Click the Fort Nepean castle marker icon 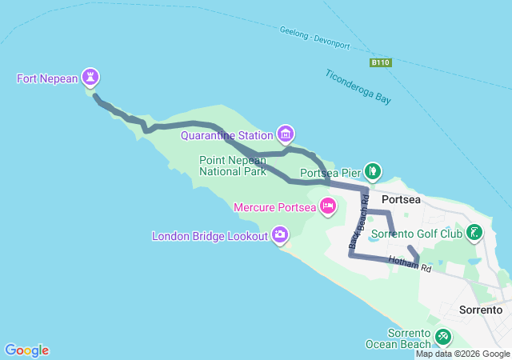pos(91,78)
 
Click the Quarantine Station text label pos(227,135)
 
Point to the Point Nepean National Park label pos(232,166)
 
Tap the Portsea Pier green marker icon pos(373,170)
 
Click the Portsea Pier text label pos(330,173)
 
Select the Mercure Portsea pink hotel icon pos(327,206)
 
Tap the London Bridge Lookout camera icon pos(280,234)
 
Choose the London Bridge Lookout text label pos(210,236)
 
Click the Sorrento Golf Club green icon pos(475,233)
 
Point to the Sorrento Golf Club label pos(418,234)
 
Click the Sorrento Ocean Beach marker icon pos(442,338)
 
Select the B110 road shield pos(379,62)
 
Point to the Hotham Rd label pos(410,263)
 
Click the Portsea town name pos(401,200)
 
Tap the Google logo pos(26,350)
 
